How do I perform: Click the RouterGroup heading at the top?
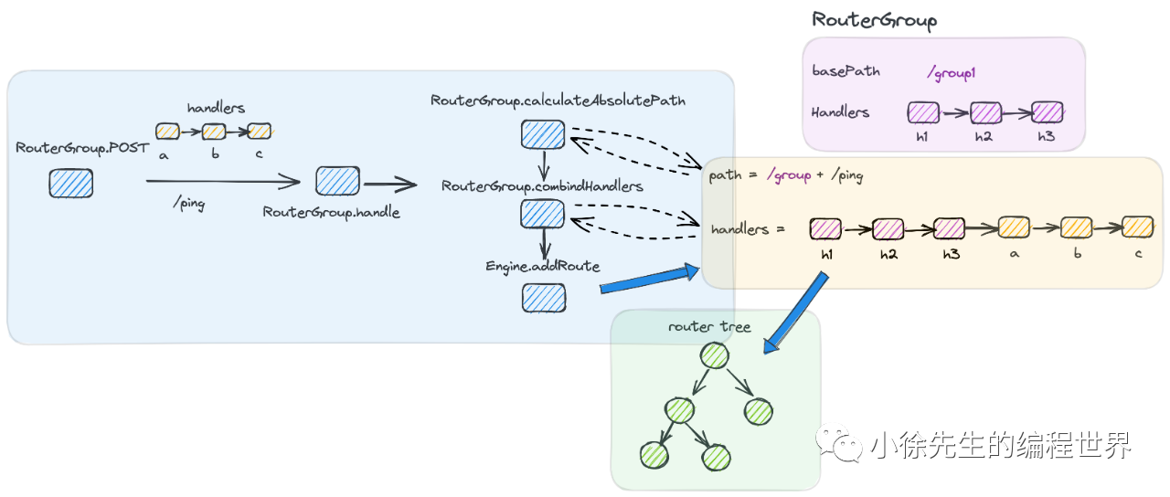pyautogui.click(x=875, y=20)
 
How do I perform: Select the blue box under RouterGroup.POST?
pyautogui.click(x=71, y=184)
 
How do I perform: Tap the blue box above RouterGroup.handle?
pyautogui.click(x=337, y=181)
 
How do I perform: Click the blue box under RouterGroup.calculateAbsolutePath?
pyautogui.click(x=543, y=134)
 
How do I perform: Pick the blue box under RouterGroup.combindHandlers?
pyautogui.click(x=543, y=213)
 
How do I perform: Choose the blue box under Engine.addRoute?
pyautogui.click(x=544, y=298)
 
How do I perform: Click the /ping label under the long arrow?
pyautogui.click(x=188, y=204)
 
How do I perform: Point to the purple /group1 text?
pyautogui.click(x=952, y=72)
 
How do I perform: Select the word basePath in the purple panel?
pyautogui.click(x=846, y=70)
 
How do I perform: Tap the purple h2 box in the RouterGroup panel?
pyautogui.click(x=985, y=113)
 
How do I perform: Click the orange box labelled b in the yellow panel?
pyautogui.click(x=1076, y=227)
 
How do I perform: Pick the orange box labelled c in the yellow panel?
pyautogui.click(x=1137, y=227)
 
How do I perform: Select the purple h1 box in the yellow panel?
pyautogui.click(x=826, y=228)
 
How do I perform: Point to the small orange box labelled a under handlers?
pyautogui.click(x=167, y=132)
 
